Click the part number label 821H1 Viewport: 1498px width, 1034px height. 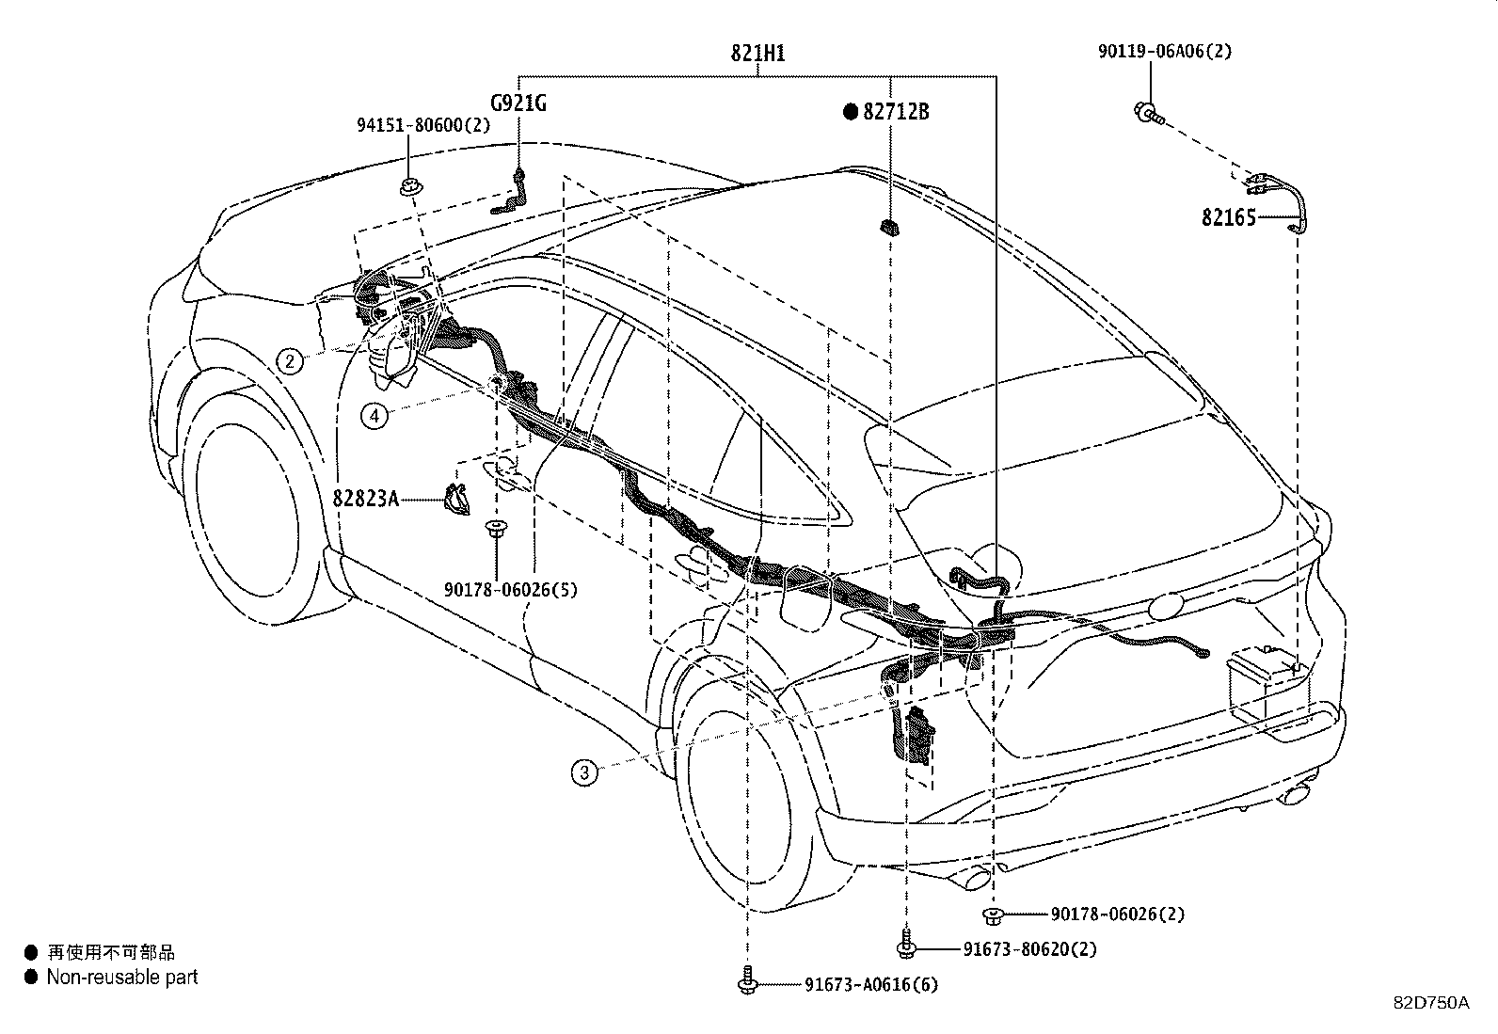(757, 54)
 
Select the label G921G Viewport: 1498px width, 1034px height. (518, 103)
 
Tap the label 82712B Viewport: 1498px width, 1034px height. (896, 112)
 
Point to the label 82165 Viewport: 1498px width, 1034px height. (1228, 218)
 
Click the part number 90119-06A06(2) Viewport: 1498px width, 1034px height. (1163, 52)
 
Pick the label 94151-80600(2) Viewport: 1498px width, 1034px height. (422, 125)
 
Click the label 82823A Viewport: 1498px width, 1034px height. (365, 498)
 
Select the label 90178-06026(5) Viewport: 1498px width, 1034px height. (510, 590)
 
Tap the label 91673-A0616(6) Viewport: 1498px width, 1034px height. (870, 985)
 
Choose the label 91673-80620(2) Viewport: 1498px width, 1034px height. (1029, 949)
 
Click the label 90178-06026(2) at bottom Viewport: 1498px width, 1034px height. (1118, 914)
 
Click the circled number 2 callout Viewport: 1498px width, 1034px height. (289, 360)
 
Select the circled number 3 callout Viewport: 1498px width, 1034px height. (583, 773)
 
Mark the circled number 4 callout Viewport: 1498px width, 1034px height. (374, 415)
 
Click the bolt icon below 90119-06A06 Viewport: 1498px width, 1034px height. (1149, 114)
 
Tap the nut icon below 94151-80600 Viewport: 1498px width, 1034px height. (408, 187)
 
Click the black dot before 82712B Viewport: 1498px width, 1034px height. (851, 112)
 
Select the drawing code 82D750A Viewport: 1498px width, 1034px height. (1430, 1003)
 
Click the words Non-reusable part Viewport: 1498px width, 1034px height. (122, 978)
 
